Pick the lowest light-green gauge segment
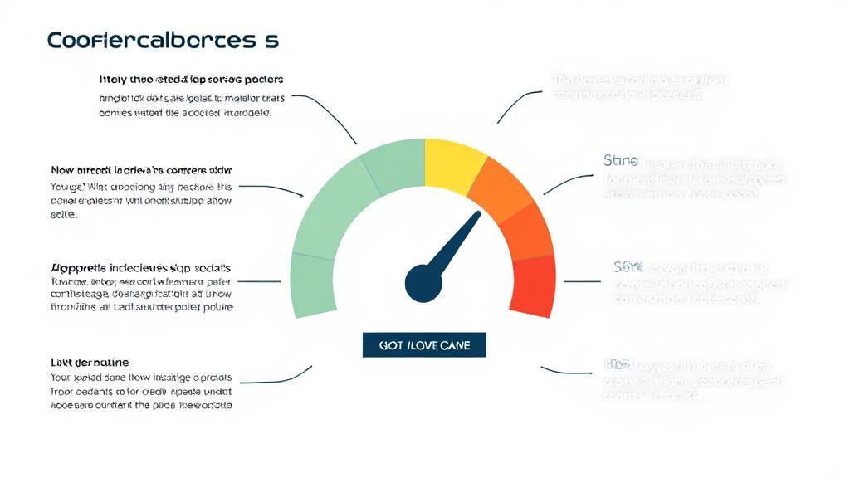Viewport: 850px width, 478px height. [314, 285]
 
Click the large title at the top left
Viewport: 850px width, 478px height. [163, 40]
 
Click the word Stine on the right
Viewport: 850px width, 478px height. [621, 159]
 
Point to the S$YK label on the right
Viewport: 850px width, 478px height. [628, 267]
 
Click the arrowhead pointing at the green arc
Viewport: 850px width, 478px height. [300, 195]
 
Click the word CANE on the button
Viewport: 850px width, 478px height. [453, 345]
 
